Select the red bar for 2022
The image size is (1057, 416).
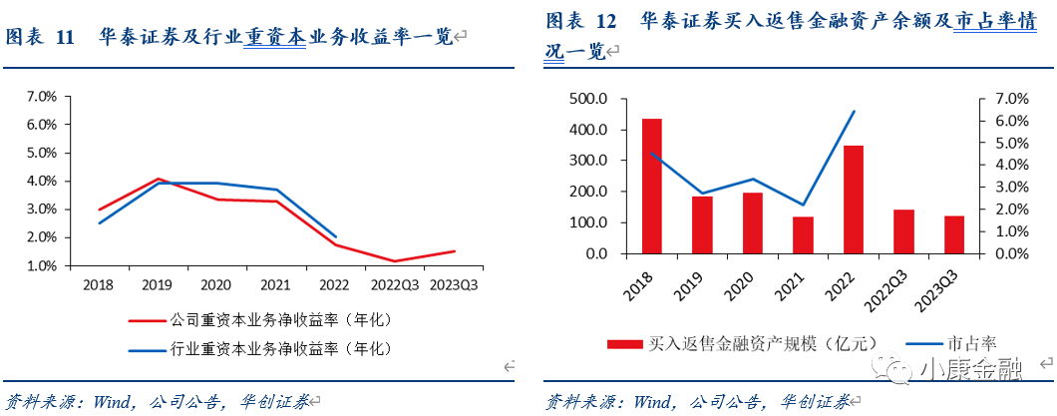pos(854,200)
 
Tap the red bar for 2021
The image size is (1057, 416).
pos(803,234)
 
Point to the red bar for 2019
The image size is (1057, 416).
pos(702,224)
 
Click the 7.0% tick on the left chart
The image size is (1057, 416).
pos(41,97)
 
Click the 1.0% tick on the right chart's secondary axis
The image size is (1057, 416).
pos(1003,231)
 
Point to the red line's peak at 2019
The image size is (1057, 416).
pos(159,180)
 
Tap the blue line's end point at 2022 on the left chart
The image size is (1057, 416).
pos(335,236)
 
